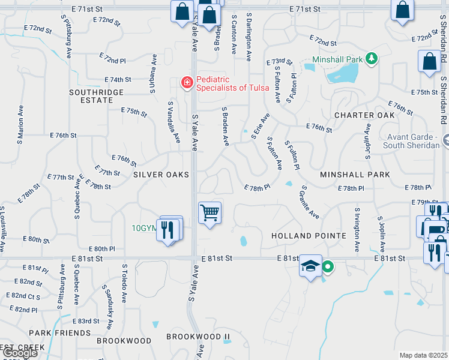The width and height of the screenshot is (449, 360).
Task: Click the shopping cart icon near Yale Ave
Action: point(209,212)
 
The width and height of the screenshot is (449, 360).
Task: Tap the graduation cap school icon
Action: point(310,267)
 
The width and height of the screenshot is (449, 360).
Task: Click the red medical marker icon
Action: point(187,82)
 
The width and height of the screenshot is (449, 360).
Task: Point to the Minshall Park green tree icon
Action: point(372,58)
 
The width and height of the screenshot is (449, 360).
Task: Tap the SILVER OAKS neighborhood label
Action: point(161,175)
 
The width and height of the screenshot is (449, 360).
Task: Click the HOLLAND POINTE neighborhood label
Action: point(309,236)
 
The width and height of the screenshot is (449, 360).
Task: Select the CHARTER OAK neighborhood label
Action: point(364,115)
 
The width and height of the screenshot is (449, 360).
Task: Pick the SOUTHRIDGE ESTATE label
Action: point(96,97)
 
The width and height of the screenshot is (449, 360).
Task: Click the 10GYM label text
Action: point(144,228)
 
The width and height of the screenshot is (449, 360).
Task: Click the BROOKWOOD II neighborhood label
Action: point(198,337)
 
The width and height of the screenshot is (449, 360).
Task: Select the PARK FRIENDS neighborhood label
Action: point(59,332)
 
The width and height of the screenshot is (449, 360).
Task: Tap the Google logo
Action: point(19,353)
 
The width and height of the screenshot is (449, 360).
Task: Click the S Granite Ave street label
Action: point(310,203)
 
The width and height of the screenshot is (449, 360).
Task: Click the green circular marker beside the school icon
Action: point(328,266)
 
